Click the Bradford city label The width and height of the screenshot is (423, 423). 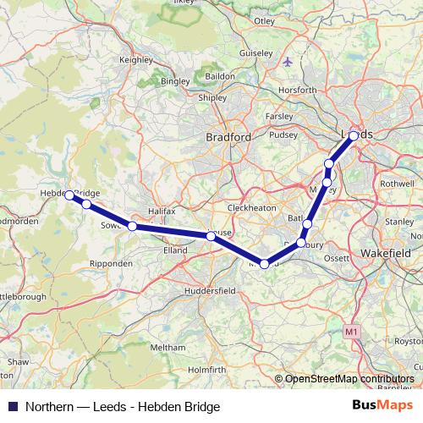tap(228, 136)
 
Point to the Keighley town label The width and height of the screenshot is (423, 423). tap(136, 61)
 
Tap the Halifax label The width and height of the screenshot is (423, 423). tap(161, 210)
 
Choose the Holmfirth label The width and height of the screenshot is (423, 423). tap(208, 369)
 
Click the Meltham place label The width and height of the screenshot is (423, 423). tap(168, 348)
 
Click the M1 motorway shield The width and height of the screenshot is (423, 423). tap(351, 333)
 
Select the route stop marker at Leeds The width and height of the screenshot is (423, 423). tap(354, 135)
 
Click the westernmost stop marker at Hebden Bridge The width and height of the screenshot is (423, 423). tap(69, 195)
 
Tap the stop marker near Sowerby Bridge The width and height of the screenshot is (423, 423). tap(132, 226)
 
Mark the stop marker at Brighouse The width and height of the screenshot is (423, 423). tap(211, 236)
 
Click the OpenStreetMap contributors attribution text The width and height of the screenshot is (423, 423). tap(349, 378)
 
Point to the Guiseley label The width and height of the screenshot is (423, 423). tap(256, 52)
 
